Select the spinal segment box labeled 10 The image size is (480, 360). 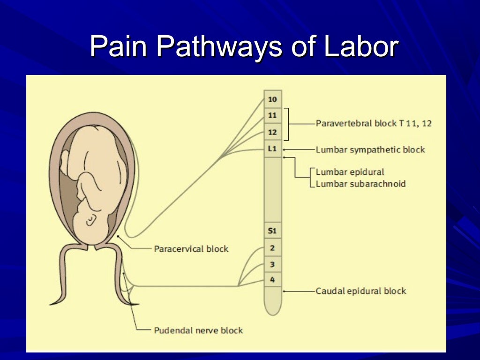pyautogui.click(x=273, y=99)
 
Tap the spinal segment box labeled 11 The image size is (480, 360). pyautogui.click(x=273, y=115)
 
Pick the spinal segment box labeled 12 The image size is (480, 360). pyautogui.click(x=273, y=132)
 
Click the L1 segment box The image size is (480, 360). pyautogui.click(x=273, y=149)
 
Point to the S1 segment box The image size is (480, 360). pyautogui.click(x=273, y=231)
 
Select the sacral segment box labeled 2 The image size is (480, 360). pyautogui.click(x=273, y=247)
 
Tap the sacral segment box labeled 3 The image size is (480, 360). pyautogui.click(x=273, y=264)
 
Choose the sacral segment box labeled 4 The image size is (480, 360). pyautogui.click(x=273, y=280)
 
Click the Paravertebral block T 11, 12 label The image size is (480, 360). pyautogui.click(x=374, y=124)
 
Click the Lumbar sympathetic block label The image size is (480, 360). pyautogui.click(x=370, y=150)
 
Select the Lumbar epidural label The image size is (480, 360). pyautogui.click(x=350, y=172)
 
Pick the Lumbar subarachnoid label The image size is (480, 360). pyautogui.click(x=360, y=184)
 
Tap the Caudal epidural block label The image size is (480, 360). pyautogui.click(x=361, y=291)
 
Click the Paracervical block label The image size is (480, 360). pyautogui.click(x=191, y=248)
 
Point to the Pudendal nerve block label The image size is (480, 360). pyautogui.click(x=198, y=330)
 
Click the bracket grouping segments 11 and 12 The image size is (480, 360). pyautogui.click(x=287, y=124)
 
